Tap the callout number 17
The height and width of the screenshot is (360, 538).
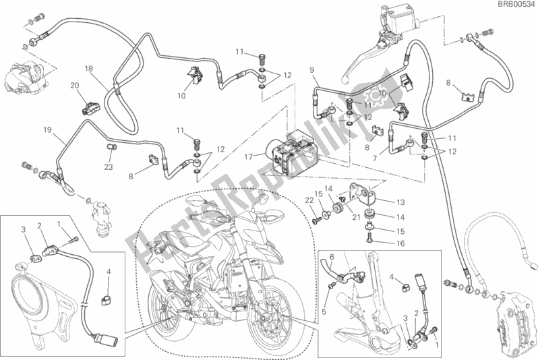pyautogui.click(x=248, y=157)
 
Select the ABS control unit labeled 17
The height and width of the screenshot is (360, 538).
pyautogui.click(x=291, y=154)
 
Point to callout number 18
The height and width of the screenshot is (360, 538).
pyautogui.click(x=89, y=69)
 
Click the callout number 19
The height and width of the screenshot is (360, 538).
pyautogui.click(x=47, y=129)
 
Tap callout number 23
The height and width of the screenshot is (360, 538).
pyautogui.click(x=109, y=167)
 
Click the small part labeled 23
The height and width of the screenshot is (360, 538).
pyautogui.click(x=111, y=147)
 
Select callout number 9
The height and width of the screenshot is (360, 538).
pyautogui.click(x=312, y=70)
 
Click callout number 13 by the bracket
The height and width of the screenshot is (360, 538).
pyautogui.click(x=400, y=202)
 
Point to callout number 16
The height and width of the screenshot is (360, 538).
pyautogui.click(x=400, y=243)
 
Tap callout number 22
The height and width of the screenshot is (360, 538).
pyautogui.click(x=309, y=200)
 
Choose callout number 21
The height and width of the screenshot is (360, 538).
pyautogui.click(x=356, y=217)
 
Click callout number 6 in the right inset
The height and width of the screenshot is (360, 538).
pyautogui.click(x=332, y=258)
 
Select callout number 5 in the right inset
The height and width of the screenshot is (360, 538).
pyautogui.click(x=324, y=311)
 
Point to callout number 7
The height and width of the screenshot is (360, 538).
pyautogui.click(x=375, y=158)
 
